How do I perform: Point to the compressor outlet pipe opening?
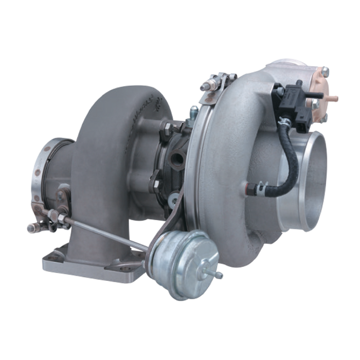pos(308,159)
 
